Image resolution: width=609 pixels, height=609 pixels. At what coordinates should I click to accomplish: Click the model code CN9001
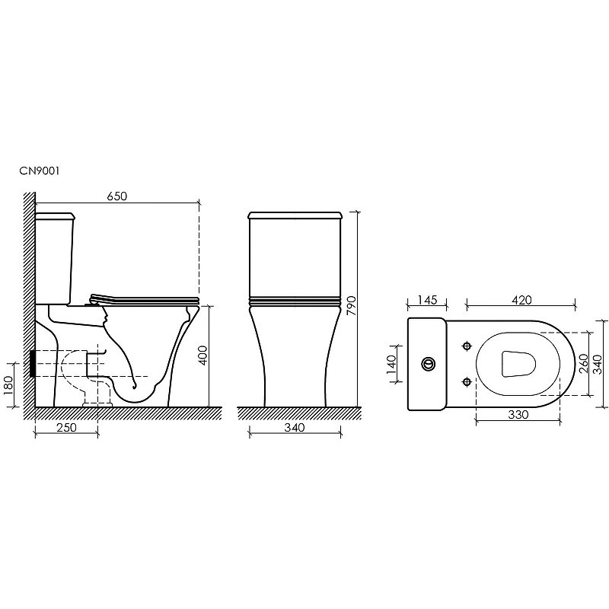point(40,171)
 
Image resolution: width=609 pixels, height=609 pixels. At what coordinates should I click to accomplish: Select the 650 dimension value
point(117,196)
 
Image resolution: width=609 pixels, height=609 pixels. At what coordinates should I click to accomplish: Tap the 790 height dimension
point(350,306)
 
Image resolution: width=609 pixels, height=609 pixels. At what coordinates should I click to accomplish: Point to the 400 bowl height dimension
point(202,356)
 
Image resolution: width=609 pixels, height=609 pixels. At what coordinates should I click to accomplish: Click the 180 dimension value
point(8,385)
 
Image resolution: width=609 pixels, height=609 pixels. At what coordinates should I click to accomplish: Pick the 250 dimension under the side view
point(67,428)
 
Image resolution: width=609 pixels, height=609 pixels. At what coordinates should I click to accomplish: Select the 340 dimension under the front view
point(295,428)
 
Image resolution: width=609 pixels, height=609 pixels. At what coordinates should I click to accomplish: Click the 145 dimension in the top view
point(427,300)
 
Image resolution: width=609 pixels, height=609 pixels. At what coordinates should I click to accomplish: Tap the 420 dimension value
point(521,300)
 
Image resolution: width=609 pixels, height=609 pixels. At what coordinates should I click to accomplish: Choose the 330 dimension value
point(518,415)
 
